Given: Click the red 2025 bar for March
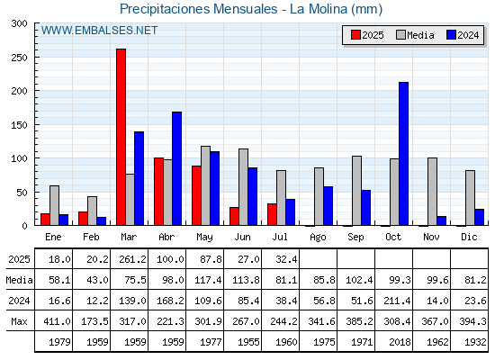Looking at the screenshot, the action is tap(121, 137).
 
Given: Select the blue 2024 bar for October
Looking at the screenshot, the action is tap(404, 154).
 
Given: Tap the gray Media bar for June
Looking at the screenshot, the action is tap(243, 187).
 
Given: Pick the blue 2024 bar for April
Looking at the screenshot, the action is tap(176, 168).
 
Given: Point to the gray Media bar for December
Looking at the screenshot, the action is tap(470, 198).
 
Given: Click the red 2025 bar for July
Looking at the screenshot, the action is tap(272, 214).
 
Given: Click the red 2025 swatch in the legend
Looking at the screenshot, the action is tap(355, 35).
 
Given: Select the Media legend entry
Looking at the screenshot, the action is tap(415, 35).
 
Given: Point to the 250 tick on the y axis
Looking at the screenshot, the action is tap(35, 58).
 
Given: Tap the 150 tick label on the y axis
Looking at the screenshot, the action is tap(19, 125).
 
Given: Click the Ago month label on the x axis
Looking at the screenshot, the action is tap(318, 238).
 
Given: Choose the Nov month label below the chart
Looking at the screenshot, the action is tap(431, 237).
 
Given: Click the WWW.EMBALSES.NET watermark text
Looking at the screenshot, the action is tap(99, 31).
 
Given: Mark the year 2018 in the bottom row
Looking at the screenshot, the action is tap(400, 342).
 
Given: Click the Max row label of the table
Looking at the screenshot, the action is tap(19, 321).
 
